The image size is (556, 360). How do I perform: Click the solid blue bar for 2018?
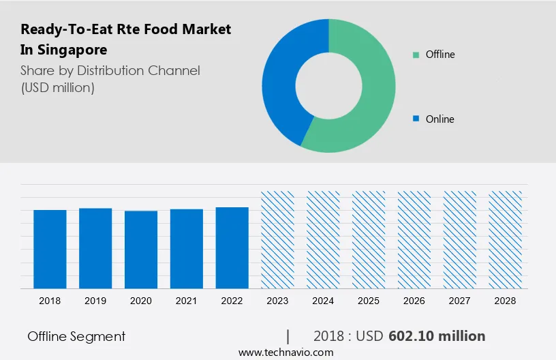[x=50, y=249]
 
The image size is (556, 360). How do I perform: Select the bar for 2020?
[x=141, y=250]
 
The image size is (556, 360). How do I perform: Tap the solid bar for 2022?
[x=232, y=247]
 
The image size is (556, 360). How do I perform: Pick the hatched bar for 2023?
[x=277, y=239]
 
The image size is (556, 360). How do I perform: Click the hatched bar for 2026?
[x=414, y=239]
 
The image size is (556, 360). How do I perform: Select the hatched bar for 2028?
[x=506, y=239]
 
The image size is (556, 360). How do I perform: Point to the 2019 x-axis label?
[x=95, y=301]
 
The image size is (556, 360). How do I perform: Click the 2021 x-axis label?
[x=187, y=301]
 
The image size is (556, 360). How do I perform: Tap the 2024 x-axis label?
[x=323, y=301]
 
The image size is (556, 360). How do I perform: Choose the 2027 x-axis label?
[x=460, y=301]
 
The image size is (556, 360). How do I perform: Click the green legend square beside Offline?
[x=416, y=55]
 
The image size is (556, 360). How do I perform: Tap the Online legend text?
[x=439, y=119]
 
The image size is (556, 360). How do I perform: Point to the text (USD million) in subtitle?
[x=57, y=87]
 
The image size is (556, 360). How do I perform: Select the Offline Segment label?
[x=76, y=336]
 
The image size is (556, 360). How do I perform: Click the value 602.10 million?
[x=437, y=336]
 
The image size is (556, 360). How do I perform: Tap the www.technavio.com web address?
[x=285, y=352]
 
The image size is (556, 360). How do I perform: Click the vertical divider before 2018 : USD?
[x=288, y=336]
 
